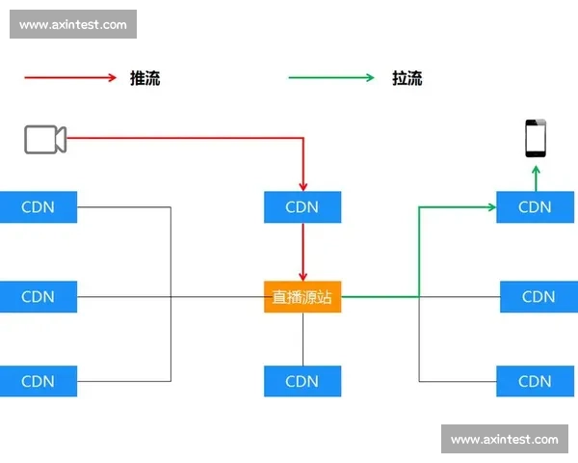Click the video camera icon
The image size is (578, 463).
tap(45, 139)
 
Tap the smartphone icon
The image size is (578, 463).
tap(535, 139)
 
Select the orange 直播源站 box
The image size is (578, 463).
tap(302, 296)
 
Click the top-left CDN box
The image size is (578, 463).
tap(38, 206)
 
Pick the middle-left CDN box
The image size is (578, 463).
tap(38, 296)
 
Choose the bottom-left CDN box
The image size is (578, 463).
tap(38, 381)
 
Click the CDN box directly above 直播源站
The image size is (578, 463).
tap(302, 206)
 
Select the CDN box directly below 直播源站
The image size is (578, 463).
tap(302, 381)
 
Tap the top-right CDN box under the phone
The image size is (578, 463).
tap(535, 206)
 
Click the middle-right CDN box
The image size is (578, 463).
tap(538, 296)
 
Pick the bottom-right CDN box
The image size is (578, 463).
tap(535, 381)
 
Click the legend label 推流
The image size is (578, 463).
tap(144, 78)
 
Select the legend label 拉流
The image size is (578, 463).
tap(407, 78)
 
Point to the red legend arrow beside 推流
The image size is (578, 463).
tap(70, 78)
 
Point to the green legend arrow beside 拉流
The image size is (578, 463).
tap(331, 78)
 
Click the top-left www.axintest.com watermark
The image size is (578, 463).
tap(73, 24)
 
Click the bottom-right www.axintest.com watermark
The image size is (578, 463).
tap(504, 439)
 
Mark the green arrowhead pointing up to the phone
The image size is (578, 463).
tap(535, 170)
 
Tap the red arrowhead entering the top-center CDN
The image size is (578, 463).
tap(302, 185)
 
